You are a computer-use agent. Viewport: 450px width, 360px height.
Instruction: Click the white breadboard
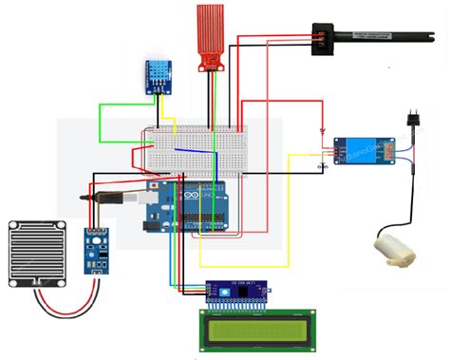click(x=195, y=149)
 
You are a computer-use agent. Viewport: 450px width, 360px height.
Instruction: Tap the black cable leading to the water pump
click(x=410, y=199)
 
